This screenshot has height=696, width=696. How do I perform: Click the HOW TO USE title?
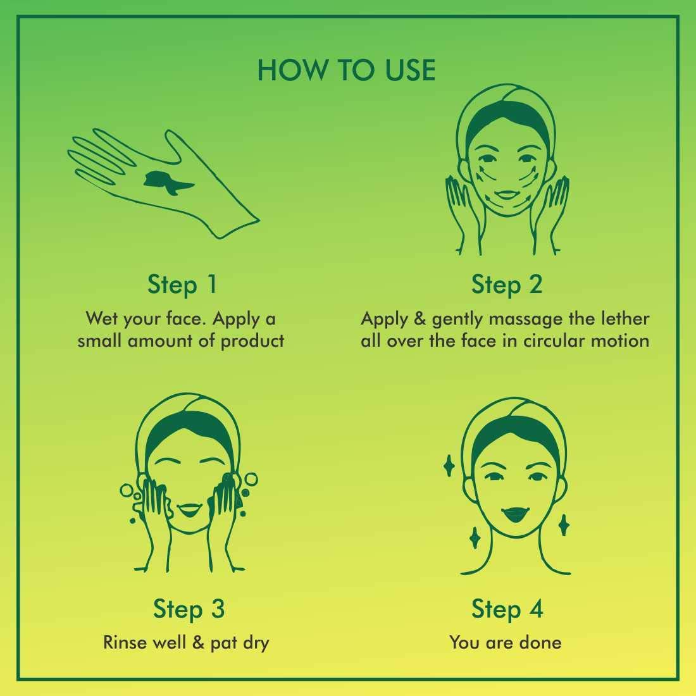click(346, 70)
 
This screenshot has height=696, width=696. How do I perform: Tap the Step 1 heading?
click(182, 285)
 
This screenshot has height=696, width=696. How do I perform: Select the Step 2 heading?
click(507, 285)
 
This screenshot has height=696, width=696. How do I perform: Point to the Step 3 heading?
click(189, 609)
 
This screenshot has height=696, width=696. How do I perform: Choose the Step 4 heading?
click(507, 609)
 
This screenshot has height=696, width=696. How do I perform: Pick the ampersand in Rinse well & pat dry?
click(199, 643)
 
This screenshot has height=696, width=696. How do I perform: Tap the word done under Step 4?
click(540, 643)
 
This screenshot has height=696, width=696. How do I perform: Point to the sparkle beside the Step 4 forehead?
click(449, 466)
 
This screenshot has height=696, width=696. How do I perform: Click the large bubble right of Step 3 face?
click(251, 480)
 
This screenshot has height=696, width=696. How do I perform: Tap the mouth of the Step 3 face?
click(190, 509)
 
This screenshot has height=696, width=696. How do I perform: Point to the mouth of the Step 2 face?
click(506, 195)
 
